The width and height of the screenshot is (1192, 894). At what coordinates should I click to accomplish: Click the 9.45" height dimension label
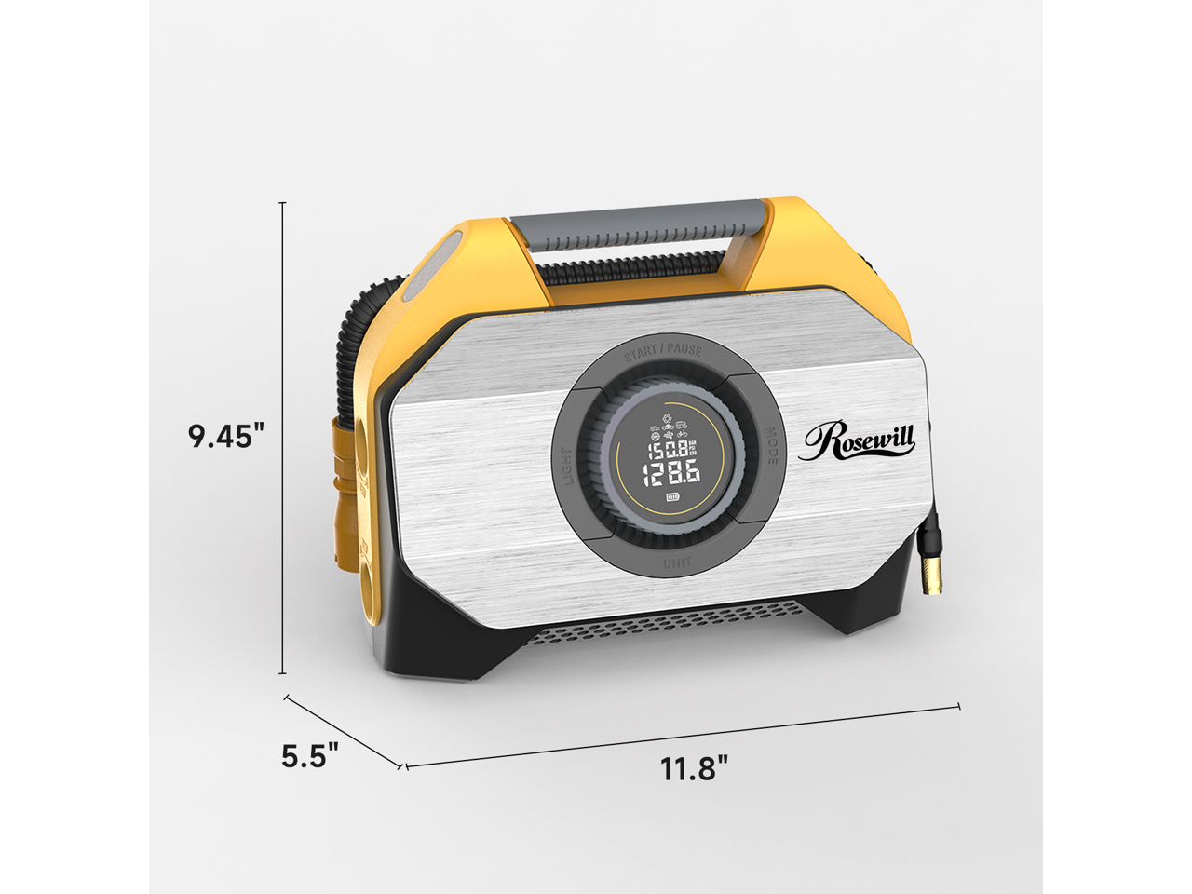pos(227,436)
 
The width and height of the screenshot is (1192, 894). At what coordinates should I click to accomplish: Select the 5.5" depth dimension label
pos(309,756)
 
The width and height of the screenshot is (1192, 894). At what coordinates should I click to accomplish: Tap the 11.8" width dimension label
pos(694,769)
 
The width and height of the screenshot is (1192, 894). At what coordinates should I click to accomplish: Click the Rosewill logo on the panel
pos(857,440)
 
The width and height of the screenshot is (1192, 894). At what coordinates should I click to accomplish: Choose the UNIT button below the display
pos(677,563)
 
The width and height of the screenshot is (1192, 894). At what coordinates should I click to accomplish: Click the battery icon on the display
pos(672,498)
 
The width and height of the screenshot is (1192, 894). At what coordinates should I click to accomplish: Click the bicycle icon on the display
pos(683,433)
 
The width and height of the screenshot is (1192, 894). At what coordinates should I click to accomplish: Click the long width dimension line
pos(682,736)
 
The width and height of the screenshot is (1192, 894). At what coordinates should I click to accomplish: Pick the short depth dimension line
pos(344,731)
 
